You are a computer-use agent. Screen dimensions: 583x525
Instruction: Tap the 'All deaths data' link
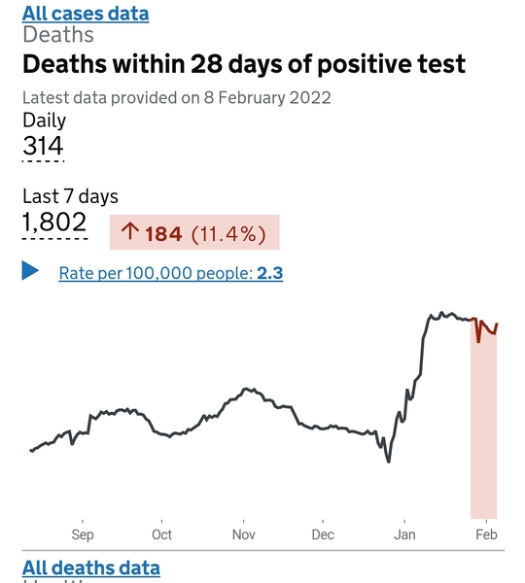[90, 567]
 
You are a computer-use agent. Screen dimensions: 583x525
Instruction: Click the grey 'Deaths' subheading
[58, 35]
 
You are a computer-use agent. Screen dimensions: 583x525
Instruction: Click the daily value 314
[43, 147]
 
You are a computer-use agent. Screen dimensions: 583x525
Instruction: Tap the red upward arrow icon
[129, 233]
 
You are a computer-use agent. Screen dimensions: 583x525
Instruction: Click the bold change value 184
[163, 233]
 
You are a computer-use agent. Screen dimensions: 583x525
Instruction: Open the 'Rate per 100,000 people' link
[156, 274]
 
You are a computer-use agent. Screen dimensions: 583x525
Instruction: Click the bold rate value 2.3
[269, 274]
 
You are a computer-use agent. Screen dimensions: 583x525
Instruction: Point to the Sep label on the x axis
[82, 534]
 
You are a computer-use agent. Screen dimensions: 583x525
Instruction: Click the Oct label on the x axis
[161, 534]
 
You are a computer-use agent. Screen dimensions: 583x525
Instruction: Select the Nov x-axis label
[243, 534]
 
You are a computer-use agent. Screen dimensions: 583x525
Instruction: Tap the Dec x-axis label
[323, 534]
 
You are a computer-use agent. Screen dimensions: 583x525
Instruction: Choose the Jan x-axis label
[404, 534]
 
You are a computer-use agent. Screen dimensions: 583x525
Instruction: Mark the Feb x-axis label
[486, 534]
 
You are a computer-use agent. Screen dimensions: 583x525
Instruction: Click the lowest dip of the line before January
[389, 462]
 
